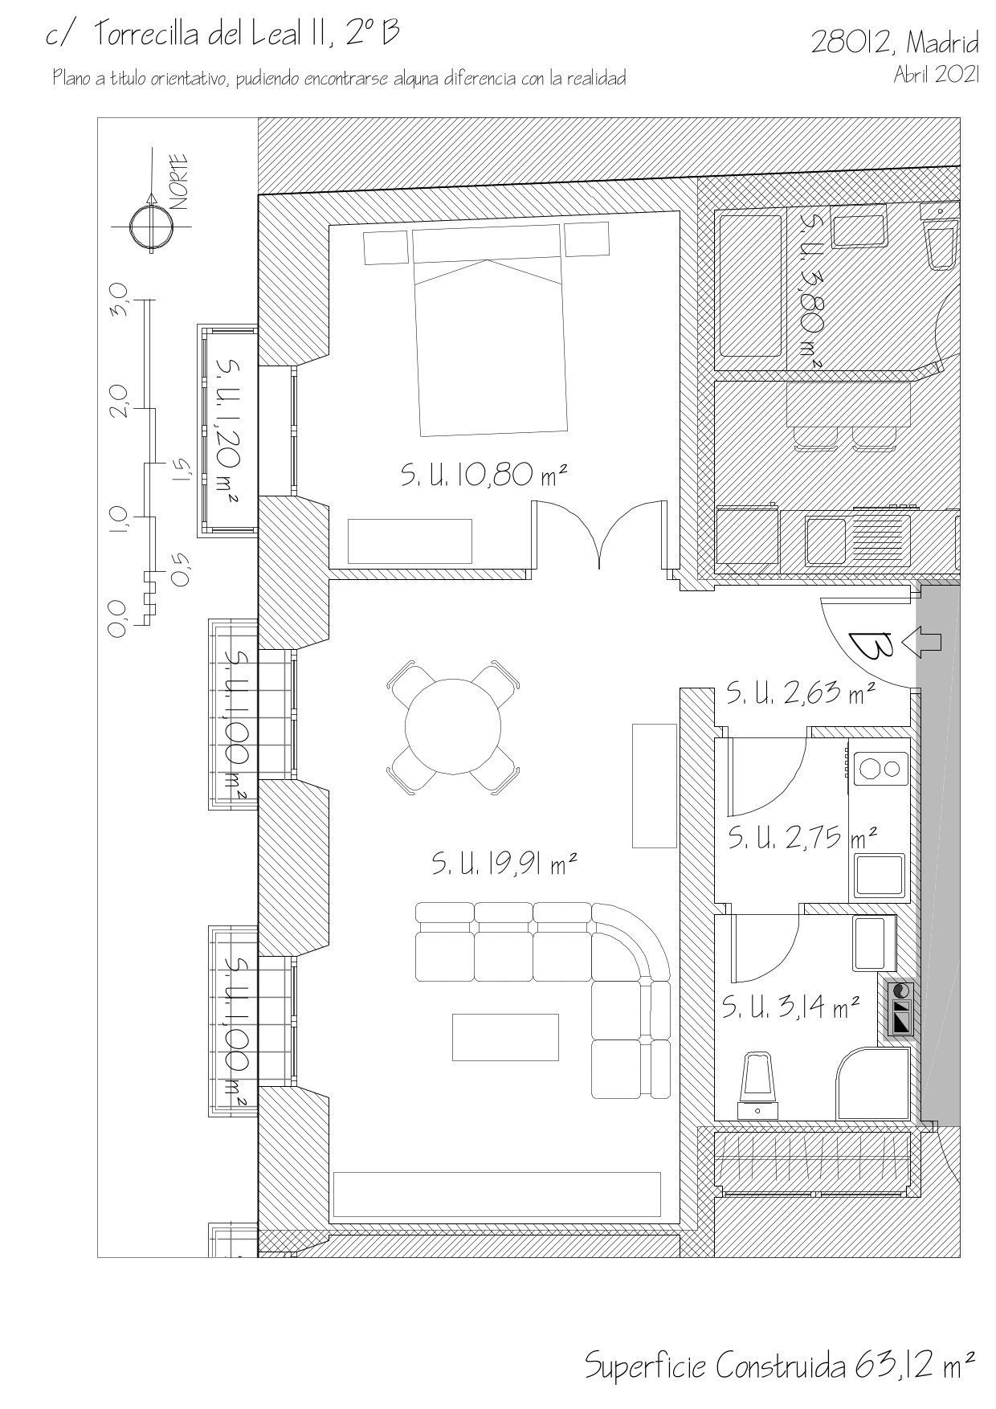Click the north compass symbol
point(151,227)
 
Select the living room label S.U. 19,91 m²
point(505,864)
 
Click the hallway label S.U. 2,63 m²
point(800,692)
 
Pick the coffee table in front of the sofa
point(505,1037)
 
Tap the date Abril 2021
point(937,75)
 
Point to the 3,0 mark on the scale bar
point(118,300)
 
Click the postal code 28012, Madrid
point(895,41)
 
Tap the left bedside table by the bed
point(387,247)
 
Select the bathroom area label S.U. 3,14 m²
point(791,1007)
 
